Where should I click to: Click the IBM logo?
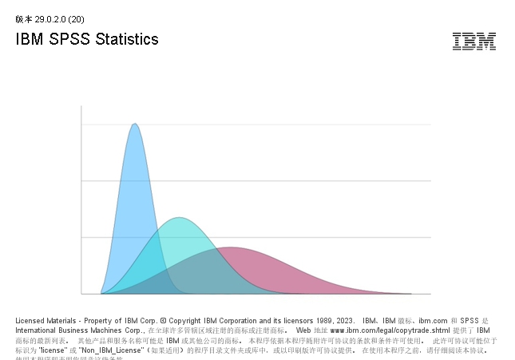click(x=473, y=42)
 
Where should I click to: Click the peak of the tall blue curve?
click(x=135, y=125)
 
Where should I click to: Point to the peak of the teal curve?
click(x=180, y=218)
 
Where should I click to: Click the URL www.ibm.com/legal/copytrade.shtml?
click(x=379, y=330)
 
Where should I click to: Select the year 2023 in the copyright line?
click(x=345, y=320)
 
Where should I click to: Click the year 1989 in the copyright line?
click(x=322, y=320)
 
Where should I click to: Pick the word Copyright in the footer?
click(x=186, y=320)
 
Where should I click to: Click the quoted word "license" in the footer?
click(x=52, y=350)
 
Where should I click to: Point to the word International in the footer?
click(x=37, y=330)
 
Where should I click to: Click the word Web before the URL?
click(x=303, y=330)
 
